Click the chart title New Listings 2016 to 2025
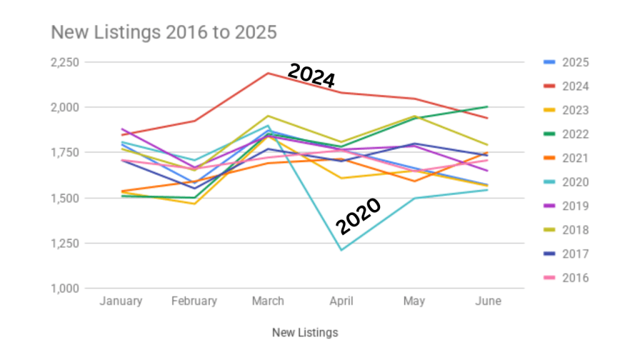pos(163,32)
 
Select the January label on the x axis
pos(121,301)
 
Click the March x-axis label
pos(267,301)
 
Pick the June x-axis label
pos(488,301)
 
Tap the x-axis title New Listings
pos(305,332)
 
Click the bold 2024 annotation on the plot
pos(311,76)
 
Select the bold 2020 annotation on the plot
pos(358,216)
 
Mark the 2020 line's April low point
pos(341,250)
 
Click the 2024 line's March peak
pos(267,73)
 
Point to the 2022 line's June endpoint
pos(488,107)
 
